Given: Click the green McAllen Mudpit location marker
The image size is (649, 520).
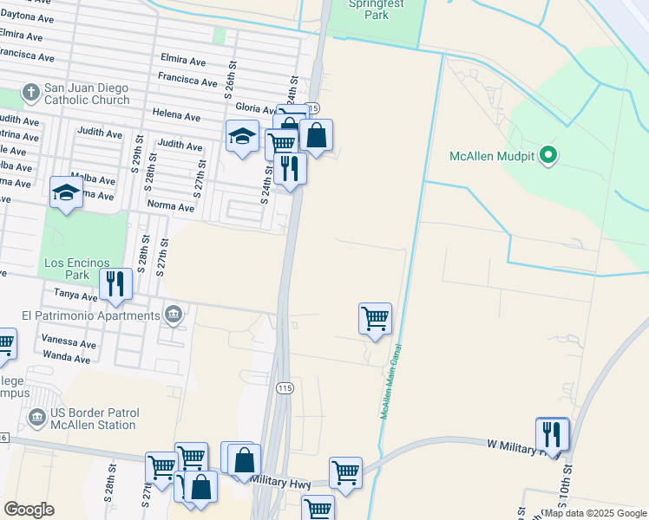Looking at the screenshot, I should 547,156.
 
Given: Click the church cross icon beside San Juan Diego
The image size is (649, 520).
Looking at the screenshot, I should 30,93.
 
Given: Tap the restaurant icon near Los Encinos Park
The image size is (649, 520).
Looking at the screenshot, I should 115,283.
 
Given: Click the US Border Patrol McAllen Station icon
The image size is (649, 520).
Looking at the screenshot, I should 36,419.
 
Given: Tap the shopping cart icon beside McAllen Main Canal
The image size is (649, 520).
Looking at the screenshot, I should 375,318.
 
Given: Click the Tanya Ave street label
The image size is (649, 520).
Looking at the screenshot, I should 77,296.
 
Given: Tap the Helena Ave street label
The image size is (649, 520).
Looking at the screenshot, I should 176,115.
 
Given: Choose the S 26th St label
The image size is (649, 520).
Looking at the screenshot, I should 231,78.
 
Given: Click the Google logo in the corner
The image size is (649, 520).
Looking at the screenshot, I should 29,509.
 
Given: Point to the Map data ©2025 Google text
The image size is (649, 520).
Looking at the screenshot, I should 595,513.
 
